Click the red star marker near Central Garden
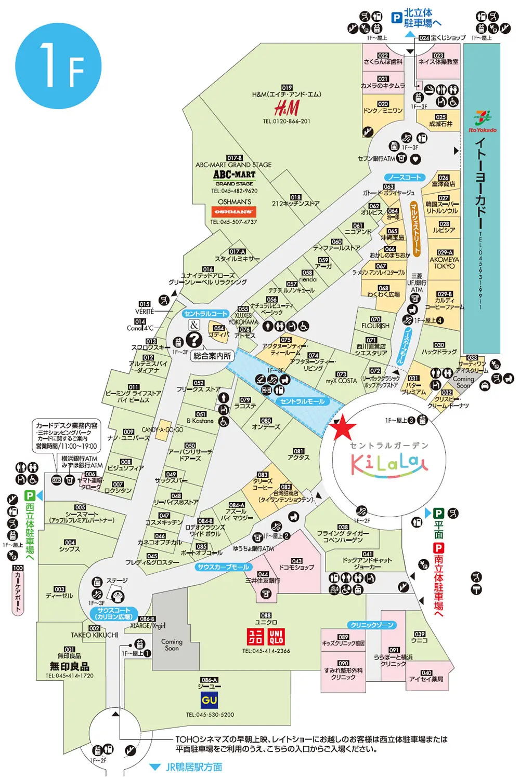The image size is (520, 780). (x=343, y=428)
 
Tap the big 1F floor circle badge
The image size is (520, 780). (x=58, y=66)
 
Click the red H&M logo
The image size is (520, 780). (x=287, y=108)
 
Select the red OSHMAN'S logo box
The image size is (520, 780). (x=234, y=212)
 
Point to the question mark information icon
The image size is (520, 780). (x=194, y=340)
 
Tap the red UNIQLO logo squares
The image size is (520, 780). (x=266, y=637)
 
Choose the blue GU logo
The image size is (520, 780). (x=210, y=700)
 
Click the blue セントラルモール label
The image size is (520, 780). (x=302, y=401)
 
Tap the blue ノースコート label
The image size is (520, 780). (x=405, y=178)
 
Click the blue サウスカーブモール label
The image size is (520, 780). (x=224, y=567)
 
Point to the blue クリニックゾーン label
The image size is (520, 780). (x=372, y=625)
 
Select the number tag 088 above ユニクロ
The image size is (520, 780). (x=266, y=615)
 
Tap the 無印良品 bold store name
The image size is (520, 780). (x=69, y=666)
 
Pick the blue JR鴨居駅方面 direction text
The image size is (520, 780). (x=193, y=767)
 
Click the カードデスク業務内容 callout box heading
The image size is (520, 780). (x=67, y=425)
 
